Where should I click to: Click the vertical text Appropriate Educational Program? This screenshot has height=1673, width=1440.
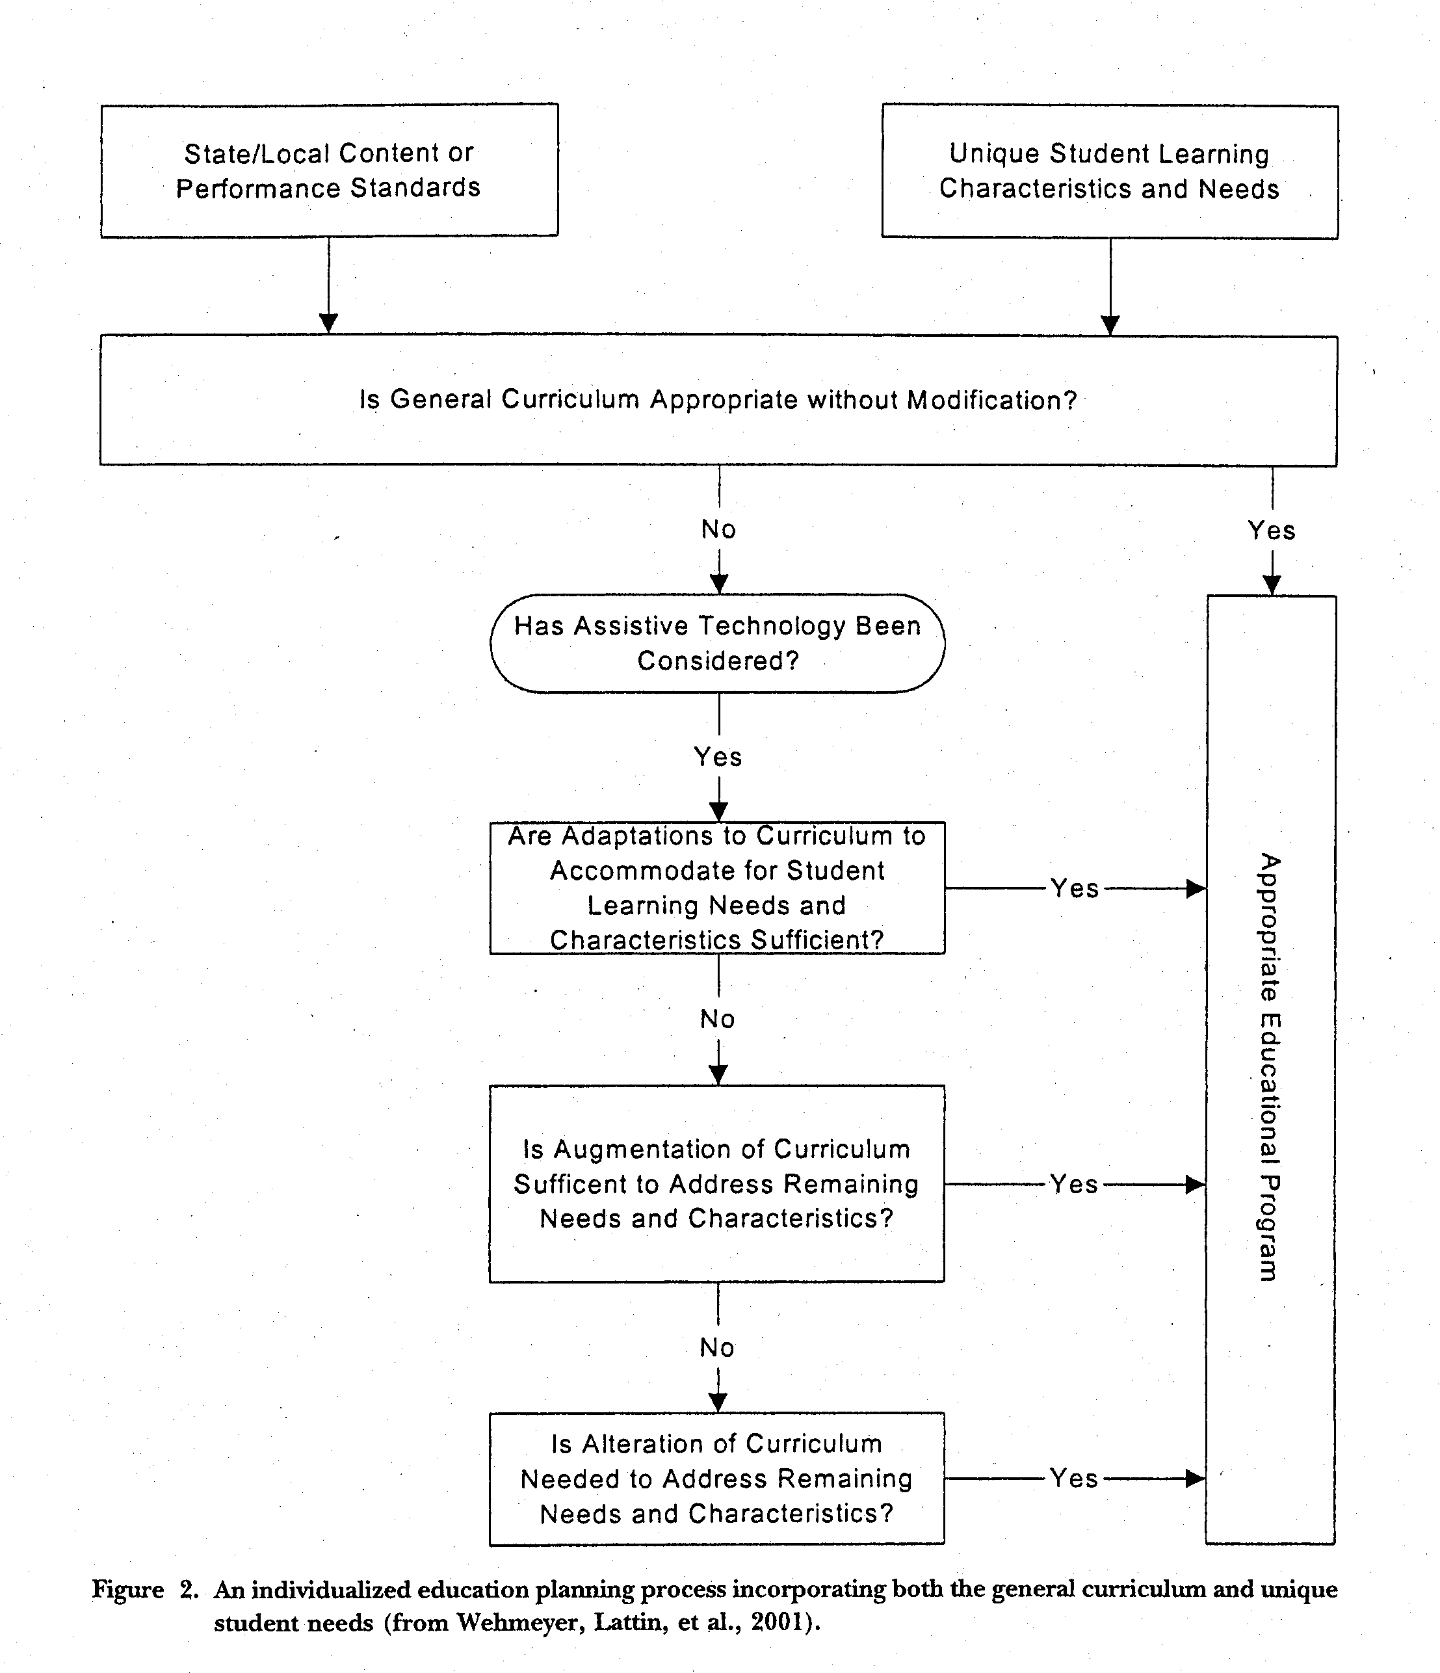[1270, 1068]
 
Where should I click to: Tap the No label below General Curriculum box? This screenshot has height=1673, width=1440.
[718, 530]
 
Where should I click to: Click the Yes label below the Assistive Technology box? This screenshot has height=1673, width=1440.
[718, 757]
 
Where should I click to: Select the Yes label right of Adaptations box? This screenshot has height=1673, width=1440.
[1075, 889]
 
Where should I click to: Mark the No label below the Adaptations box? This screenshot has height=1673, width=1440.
[718, 1019]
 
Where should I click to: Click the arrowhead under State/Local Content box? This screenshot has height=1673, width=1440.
[328, 323]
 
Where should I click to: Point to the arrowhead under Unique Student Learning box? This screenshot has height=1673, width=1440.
[1110, 324]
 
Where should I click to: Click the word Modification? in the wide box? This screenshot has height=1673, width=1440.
[992, 401]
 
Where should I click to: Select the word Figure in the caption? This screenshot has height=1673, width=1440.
[127, 1590]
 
